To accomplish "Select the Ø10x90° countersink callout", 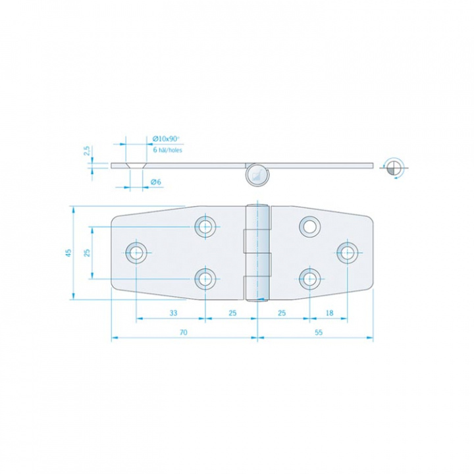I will click(166, 139).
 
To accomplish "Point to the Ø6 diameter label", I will click(156, 182).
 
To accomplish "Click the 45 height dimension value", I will click(68, 253).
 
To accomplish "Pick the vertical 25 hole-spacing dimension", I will click(86, 253).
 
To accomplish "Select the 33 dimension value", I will click(172, 313).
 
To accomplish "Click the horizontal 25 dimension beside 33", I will click(232, 313).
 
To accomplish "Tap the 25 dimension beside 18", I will click(282, 313).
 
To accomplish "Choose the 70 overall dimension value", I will click(183, 333).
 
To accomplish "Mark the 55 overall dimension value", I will click(318, 333).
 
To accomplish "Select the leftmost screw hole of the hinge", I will click(137, 251).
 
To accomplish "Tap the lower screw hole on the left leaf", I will click(206, 278).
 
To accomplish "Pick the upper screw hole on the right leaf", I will click(308, 226).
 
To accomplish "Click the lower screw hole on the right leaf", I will click(308, 278).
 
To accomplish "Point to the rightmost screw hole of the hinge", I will click(347, 251).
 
